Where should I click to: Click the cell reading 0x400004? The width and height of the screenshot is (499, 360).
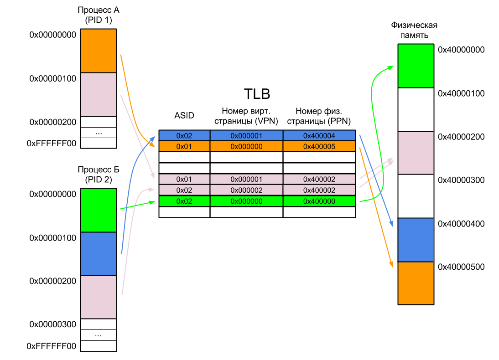319,135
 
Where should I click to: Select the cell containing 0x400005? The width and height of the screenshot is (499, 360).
319,146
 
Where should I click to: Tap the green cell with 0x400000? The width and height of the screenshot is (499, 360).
319,201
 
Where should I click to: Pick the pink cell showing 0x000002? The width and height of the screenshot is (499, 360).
246,190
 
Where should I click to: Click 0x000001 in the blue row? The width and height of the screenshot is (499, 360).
246,135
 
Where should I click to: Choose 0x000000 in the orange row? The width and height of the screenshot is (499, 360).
246,146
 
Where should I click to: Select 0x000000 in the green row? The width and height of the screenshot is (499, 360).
246,201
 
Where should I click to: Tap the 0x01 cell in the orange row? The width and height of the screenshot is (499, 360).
184,146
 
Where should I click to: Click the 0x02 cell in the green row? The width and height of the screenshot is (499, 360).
184,201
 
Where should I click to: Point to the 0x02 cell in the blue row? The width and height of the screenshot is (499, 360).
184,135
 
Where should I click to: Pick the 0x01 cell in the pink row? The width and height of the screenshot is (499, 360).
184,179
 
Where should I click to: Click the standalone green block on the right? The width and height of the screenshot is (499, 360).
416,66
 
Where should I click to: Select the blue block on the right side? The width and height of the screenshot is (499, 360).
416,240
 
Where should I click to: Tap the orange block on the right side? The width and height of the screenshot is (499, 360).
416,283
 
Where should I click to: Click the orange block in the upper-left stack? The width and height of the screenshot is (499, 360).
99,51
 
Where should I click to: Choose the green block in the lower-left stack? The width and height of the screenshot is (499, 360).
99,210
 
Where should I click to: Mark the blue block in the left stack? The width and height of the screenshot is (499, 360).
99,254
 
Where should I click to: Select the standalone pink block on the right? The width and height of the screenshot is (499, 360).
416,153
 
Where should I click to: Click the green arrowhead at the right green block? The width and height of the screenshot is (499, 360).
390,67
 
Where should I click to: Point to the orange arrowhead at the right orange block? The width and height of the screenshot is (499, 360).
391,265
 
